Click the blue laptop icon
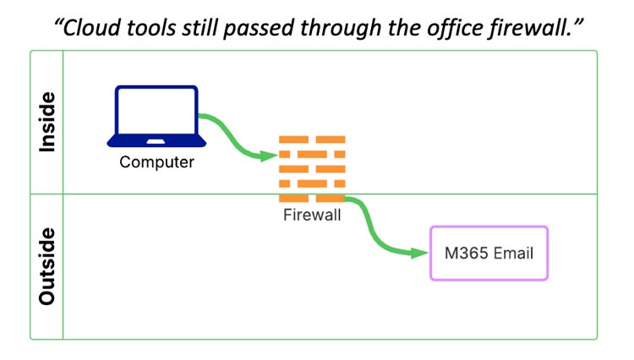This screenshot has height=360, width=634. click(x=156, y=117)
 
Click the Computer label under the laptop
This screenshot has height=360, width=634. click(x=156, y=162)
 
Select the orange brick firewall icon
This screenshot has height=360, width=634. click(x=312, y=168)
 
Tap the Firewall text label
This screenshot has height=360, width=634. click(x=312, y=215)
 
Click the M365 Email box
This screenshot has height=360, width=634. click(x=489, y=253)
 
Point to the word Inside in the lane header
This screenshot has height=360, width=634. click(x=47, y=122)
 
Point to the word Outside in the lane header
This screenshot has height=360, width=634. click(x=47, y=266)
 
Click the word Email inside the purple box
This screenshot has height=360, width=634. click(x=515, y=253)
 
